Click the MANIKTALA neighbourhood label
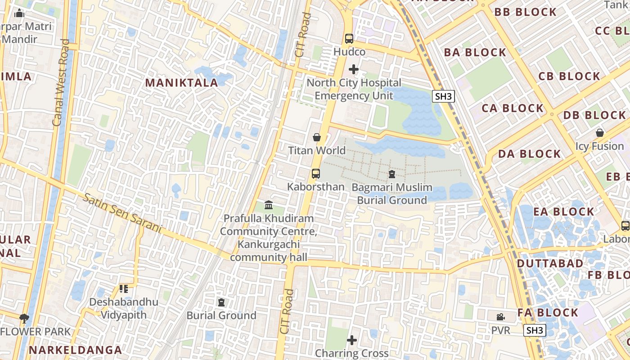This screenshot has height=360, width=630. click(x=182, y=82)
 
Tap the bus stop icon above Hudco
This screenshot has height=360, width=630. click(x=349, y=39)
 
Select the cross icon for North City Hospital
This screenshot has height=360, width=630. click(x=354, y=69)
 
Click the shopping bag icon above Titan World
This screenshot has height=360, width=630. click(x=317, y=137)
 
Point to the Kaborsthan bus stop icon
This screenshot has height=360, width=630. click(x=316, y=173)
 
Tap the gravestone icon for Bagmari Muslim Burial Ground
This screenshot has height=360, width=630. click(x=391, y=174)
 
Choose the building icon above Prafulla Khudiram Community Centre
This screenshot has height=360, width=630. click(x=269, y=205)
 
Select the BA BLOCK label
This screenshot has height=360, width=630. click(x=475, y=53)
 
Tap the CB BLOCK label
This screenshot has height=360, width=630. click(x=569, y=76)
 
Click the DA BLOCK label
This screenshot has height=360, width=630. click(x=530, y=154)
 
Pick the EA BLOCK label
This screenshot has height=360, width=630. click(x=564, y=211)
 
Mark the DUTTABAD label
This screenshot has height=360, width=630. click(x=550, y=263)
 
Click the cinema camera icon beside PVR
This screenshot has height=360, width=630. click(x=500, y=317)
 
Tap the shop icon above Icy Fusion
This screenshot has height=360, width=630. click(x=600, y=133)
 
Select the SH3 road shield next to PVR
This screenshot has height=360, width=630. click(x=535, y=330)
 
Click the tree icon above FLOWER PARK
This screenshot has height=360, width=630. click(x=24, y=319)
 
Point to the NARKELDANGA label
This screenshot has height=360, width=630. click(x=76, y=350)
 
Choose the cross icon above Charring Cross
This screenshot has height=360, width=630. click(x=352, y=340)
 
